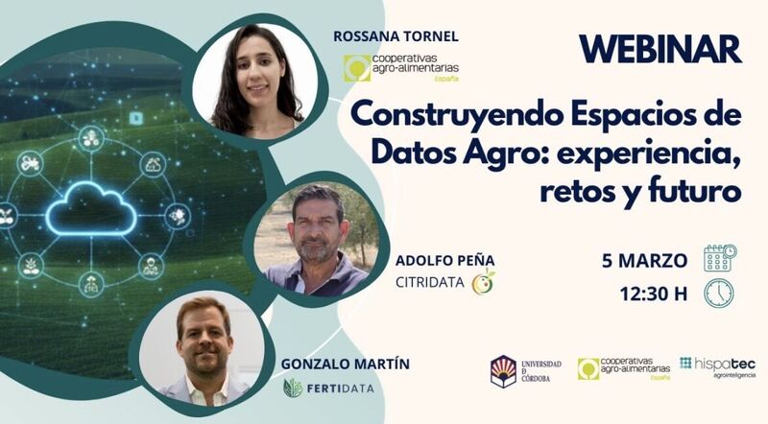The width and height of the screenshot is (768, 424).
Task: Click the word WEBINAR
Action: pos(660,49)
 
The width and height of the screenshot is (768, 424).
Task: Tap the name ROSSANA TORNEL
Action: pos(396,36)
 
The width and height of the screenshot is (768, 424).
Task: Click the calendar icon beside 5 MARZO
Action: pos(719,258)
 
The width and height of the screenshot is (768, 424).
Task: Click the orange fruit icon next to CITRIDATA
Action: pos(485,282)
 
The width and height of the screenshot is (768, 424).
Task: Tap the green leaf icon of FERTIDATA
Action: pos(294,389)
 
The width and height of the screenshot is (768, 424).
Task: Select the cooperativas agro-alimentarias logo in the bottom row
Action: pos(622,369)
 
